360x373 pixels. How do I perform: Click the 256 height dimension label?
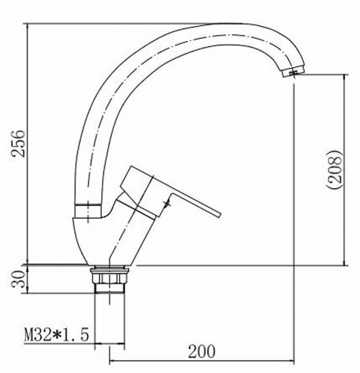point(19,143)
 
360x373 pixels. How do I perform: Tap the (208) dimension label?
point(335,169)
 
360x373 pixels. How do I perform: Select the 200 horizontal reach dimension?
point(201,351)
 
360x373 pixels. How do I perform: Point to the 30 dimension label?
point(19,279)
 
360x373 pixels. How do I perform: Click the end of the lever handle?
point(219,215)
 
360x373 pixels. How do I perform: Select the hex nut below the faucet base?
point(110,278)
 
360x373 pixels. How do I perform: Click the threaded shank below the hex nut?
point(110,289)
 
